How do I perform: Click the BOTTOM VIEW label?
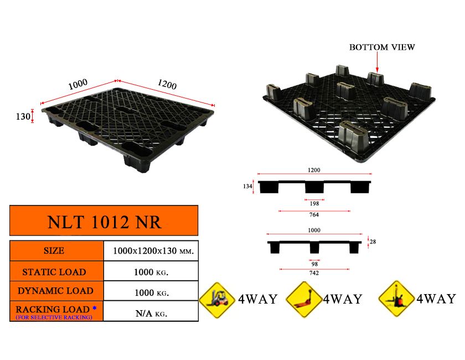(382, 47)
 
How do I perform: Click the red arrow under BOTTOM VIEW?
(377, 62)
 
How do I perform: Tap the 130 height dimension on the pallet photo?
(23, 116)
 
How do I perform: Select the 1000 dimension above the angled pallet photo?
(77, 84)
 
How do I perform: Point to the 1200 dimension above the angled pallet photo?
(167, 84)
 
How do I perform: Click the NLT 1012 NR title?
(104, 222)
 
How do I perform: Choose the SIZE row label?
(54, 251)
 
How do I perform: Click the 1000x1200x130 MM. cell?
(153, 251)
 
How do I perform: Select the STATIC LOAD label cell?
(54, 272)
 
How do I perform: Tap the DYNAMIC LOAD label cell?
(55, 291)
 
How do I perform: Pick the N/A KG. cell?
(151, 313)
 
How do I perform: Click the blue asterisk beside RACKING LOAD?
(94, 308)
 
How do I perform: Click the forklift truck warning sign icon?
(218, 300)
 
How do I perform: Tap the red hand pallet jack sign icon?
(304, 300)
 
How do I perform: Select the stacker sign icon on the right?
(396, 299)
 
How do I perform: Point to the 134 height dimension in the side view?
(247, 186)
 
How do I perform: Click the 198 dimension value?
(314, 204)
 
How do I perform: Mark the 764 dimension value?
(314, 214)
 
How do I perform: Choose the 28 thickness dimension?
(373, 241)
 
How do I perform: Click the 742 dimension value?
(314, 273)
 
